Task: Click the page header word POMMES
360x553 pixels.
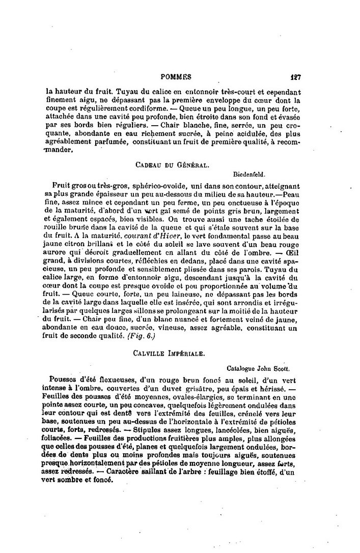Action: (176, 77)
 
